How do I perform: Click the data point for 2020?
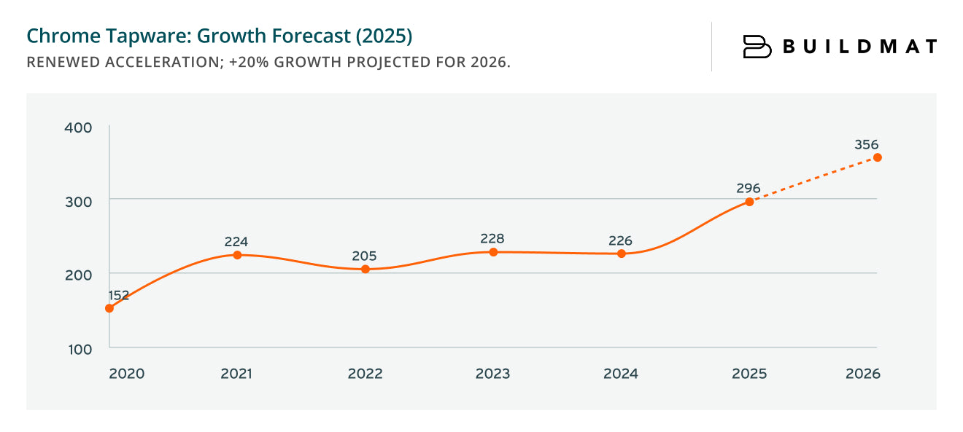109,308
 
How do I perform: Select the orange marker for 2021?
237,255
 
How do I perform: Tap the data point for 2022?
366,270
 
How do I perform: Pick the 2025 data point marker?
749,202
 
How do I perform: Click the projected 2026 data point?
878,157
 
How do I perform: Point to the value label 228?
492,238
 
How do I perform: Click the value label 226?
620,240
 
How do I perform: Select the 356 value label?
867,144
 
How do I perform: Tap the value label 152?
119,295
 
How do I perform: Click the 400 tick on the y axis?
79,127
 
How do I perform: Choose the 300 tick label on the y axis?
79,201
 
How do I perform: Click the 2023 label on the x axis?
492,374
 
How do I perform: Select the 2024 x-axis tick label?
621,374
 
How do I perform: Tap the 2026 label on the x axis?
863,374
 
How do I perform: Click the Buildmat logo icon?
757,47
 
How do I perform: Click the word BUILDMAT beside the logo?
859,47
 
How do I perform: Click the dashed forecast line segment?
813,180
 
